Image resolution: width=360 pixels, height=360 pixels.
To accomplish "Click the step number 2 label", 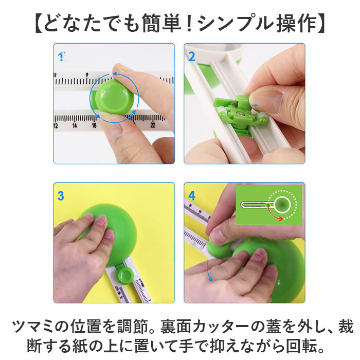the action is (191, 56).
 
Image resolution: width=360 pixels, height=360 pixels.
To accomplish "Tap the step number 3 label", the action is (61, 195).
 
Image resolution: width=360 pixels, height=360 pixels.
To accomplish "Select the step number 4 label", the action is (192, 195).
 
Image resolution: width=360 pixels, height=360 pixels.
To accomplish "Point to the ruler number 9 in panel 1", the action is (87, 75).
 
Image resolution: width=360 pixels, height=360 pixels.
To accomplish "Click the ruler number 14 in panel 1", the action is (75, 125).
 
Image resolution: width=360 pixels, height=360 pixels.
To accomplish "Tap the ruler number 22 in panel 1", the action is (153, 125).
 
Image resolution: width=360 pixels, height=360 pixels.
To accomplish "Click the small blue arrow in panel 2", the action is (251, 105).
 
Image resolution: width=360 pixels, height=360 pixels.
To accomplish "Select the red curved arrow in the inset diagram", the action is (274, 214).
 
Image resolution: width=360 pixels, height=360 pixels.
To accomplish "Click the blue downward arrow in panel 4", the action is (208, 271).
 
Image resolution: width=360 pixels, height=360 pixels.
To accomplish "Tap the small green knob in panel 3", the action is (125, 275).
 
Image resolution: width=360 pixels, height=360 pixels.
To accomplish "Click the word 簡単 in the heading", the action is (161, 23).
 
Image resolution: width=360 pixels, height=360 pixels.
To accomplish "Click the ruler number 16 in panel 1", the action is (94, 125).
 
